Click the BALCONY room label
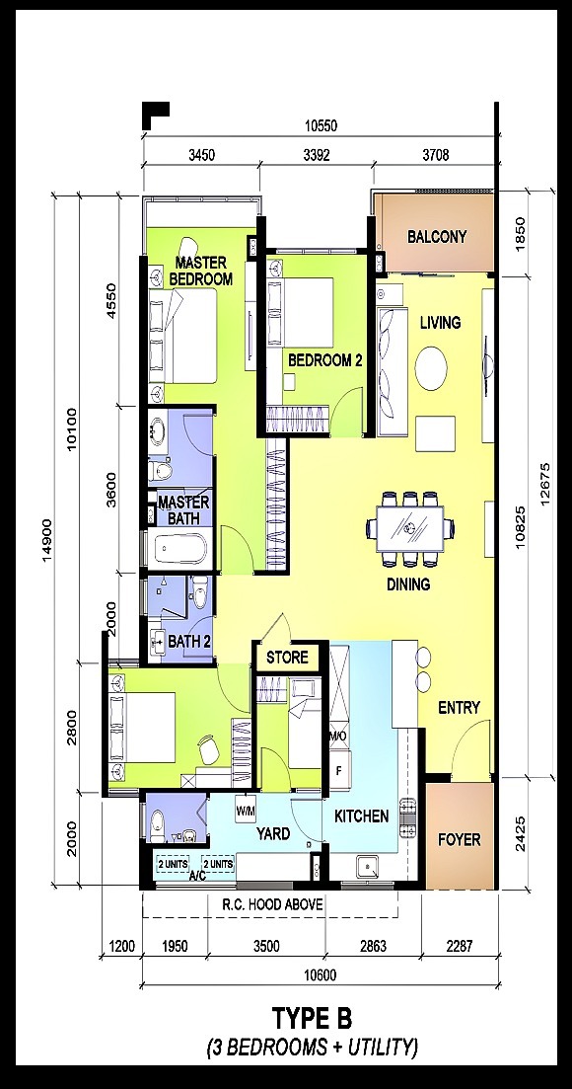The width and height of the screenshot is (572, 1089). coord(437,236)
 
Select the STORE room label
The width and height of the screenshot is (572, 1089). coord(287,657)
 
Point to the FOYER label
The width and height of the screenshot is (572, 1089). coord(459,839)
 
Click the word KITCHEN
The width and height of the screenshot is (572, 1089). coord(362,817)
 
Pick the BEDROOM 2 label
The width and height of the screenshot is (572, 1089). coord(325,360)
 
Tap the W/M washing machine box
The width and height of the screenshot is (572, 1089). coord(246,810)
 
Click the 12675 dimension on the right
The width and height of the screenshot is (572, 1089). coord(545,485)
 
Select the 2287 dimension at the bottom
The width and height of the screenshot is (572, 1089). coord(459,946)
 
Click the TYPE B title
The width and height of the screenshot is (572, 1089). coord(312,1020)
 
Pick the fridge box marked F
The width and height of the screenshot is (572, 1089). coord(339,770)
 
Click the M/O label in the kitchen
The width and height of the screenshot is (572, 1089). coord(337,735)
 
